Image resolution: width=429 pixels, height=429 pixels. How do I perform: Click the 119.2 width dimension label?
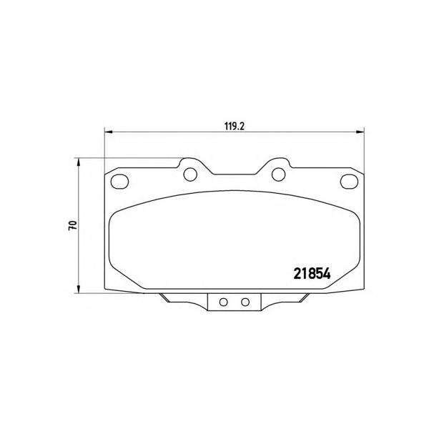click(x=235, y=127)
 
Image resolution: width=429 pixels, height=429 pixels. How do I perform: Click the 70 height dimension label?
click(x=73, y=225)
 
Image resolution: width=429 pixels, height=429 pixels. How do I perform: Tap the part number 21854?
click(x=312, y=274)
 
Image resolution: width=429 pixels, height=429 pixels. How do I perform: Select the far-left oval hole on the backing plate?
click(x=119, y=182)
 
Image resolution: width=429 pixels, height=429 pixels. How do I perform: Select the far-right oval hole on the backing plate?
click(x=349, y=181)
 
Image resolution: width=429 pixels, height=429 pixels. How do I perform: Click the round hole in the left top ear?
click(x=190, y=174)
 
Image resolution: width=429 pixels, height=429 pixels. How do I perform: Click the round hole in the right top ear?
click(x=279, y=174)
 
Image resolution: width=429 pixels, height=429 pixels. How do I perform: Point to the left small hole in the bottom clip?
click(x=224, y=302)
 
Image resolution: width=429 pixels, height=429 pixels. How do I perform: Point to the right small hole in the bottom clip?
click(x=245, y=302)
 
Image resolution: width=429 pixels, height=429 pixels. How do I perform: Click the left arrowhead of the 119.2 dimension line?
click(x=109, y=132)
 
